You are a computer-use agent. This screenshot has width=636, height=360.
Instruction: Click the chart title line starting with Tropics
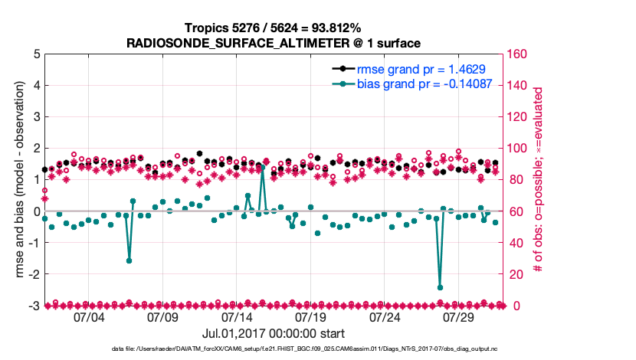point(273,28)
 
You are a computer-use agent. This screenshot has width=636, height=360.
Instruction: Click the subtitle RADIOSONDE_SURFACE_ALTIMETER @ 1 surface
point(273,42)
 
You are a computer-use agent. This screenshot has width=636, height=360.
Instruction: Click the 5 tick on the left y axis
point(37,54)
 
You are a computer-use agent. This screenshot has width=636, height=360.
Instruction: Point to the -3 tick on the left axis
point(34,306)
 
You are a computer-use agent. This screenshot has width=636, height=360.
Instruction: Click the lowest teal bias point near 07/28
point(440,287)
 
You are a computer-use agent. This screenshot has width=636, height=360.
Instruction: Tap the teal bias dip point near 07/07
point(129,260)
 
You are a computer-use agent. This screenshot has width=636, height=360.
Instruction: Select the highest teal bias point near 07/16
point(262,167)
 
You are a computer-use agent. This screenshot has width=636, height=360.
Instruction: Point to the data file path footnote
point(273,349)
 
